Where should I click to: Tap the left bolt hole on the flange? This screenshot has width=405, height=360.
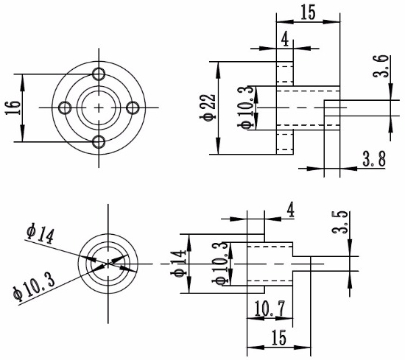coord(66,108)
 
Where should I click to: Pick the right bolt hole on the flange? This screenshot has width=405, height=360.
coord(133,108)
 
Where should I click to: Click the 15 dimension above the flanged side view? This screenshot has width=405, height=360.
coord(308,13)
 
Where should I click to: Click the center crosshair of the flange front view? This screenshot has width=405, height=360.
coord(99,108)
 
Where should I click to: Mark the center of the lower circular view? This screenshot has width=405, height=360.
coord(109,261)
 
